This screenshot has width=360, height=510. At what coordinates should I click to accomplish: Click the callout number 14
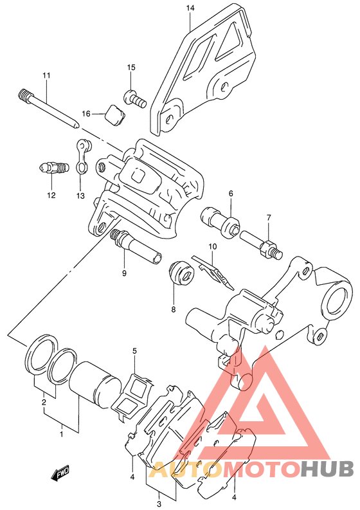coord(190,8)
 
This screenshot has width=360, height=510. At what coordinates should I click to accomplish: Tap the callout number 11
coord(46,76)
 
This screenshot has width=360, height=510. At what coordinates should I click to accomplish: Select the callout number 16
coord(86,114)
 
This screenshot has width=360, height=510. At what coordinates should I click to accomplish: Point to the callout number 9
coord(124,273)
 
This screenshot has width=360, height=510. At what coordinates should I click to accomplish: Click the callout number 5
coord(134,351)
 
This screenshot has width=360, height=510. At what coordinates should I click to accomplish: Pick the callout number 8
coord(173,309)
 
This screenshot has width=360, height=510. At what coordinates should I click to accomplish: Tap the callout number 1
coord(62,434)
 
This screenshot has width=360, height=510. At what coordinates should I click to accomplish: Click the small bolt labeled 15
coord(134,98)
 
